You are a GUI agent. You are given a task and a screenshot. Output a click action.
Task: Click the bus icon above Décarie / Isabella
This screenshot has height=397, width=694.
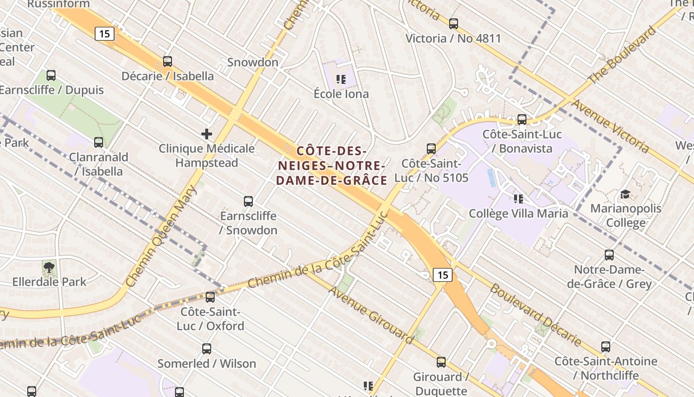(168, 62)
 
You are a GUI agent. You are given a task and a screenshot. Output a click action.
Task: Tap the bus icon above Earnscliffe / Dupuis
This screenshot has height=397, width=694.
(51, 75)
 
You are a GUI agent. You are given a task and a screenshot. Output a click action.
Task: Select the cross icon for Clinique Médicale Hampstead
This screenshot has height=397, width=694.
(207, 133)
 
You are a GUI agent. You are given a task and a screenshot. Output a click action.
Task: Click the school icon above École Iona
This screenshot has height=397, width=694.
(341, 79)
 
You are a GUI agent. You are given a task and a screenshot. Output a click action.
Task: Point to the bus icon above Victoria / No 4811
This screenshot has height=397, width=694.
(453, 23)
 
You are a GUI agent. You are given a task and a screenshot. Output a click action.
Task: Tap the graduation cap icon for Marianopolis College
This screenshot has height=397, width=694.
(626, 194)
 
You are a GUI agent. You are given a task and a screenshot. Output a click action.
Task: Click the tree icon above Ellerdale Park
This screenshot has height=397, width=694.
(49, 268)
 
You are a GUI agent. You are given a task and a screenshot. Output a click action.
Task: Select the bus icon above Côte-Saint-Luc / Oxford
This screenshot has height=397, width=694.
(211, 297)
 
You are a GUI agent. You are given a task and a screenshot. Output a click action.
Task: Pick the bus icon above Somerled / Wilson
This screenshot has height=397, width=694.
(207, 349)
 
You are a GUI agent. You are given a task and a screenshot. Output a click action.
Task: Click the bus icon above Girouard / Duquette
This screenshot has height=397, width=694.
(441, 362)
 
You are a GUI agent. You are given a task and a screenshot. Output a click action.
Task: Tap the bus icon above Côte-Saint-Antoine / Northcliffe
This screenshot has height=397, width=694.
(606, 346)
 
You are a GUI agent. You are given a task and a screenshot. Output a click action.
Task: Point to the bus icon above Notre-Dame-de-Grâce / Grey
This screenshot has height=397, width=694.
(609, 255)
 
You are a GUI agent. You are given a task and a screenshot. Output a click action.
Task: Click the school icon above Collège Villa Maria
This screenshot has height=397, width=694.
(519, 199)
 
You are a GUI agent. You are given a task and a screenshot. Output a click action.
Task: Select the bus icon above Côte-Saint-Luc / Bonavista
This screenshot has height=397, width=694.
(522, 120)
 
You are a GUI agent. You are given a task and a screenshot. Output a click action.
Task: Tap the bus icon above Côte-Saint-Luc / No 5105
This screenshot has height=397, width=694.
(431, 148)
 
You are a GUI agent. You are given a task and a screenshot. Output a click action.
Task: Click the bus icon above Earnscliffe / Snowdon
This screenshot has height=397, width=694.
(248, 201)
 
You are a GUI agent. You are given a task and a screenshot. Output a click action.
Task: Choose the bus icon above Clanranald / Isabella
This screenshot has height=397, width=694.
(99, 142)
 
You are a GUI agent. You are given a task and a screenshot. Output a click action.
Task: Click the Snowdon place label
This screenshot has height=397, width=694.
(253, 63)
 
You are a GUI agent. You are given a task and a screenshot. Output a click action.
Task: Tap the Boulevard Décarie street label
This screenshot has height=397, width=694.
(535, 315)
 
